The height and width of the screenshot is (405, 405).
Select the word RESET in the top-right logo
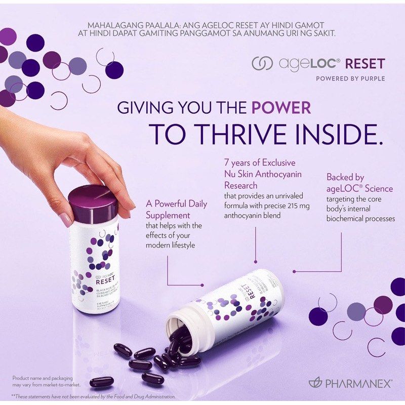pyautogui.click(x=366, y=64)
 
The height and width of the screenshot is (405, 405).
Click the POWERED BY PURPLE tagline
pyautogui.click(x=350, y=78)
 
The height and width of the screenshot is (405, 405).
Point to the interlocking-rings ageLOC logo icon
pyautogui.click(x=262, y=64)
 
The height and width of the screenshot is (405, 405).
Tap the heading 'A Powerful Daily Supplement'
pyautogui.click(x=177, y=209)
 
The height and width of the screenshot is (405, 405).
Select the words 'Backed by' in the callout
pyautogui.click(x=345, y=178)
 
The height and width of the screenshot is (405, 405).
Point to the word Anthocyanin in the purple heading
pyautogui.click(x=276, y=174)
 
